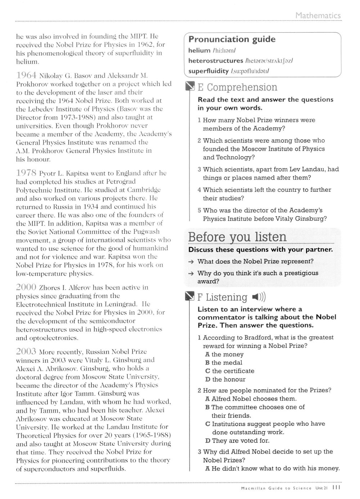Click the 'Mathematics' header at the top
318,15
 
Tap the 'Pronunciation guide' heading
232,39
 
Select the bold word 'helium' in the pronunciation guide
199,50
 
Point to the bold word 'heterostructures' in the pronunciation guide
216,61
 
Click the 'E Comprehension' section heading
237,87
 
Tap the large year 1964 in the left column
26,76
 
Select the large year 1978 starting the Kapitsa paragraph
26,173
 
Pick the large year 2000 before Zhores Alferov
26,287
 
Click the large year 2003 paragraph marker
26,351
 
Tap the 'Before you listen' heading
237,237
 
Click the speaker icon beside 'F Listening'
258,297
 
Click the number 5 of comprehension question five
199,210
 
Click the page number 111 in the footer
337,488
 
